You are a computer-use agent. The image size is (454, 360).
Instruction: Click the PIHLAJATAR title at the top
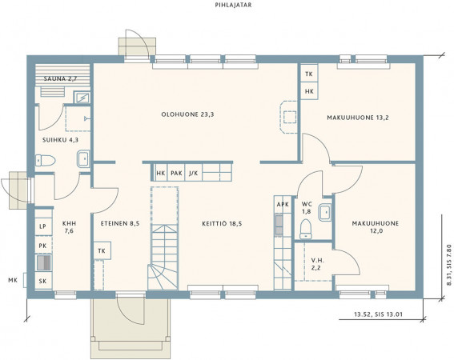pyautogui.click(x=233, y=5)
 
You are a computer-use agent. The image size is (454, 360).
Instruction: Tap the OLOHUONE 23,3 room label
pyautogui.click(x=187, y=114)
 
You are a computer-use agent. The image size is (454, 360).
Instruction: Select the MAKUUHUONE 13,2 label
pyautogui.click(x=358, y=118)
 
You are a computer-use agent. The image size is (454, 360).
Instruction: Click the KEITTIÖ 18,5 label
pyautogui.click(x=222, y=224)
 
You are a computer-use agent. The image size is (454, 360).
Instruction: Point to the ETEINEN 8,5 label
pyautogui.click(x=120, y=224)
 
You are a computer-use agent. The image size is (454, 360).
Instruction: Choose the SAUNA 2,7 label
pyautogui.click(x=60, y=78)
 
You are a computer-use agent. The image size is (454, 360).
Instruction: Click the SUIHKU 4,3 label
pyautogui.click(x=60, y=140)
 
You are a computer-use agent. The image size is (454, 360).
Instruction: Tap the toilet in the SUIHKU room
pyautogui.click(x=45, y=160)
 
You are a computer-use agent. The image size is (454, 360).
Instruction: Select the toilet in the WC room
pyautogui.click(x=306, y=229)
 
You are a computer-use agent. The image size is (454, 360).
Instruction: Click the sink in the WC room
pyautogui.click(x=325, y=213)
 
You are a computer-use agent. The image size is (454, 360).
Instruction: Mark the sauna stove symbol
pyautogui.click(x=82, y=98)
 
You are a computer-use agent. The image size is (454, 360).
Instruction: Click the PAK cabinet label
pyautogui.click(x=176, y=174)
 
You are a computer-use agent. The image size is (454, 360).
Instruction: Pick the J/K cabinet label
pyautogui.click(x=194, y=174)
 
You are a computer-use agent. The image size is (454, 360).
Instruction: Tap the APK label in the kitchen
pyautogui.click(x=283, y=205)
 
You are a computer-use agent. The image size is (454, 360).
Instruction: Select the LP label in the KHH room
pyautogui.click(x=43, y=226)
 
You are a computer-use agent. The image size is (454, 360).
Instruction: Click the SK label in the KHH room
pyautogui.click(x=43, y=281)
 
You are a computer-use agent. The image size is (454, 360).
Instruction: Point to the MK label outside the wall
pyautogui.click(x=13, y=280)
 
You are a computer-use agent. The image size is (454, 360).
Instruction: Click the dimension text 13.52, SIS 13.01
pyautogui.click(x=379, y=314)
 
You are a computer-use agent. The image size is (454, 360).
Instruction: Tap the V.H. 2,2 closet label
pyautogui.click(x=316, y=264)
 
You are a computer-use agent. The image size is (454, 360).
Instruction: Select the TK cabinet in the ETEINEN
pyautogui.click(x=102, y=251)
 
